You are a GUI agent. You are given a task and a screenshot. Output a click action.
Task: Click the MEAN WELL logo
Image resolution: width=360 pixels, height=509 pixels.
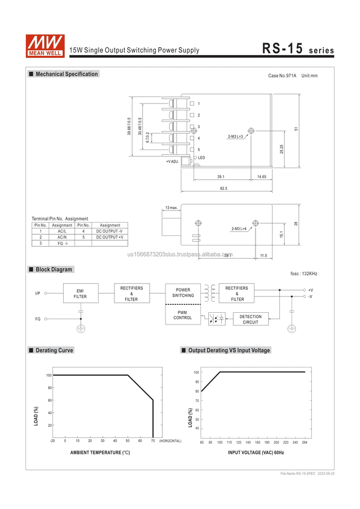45,45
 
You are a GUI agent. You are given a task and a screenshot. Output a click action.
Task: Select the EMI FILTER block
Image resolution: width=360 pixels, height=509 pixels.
80,293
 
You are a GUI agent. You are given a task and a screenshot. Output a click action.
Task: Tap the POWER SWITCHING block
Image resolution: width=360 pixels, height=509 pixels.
183,293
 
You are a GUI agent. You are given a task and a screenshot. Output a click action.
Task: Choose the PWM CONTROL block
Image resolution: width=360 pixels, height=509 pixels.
183,315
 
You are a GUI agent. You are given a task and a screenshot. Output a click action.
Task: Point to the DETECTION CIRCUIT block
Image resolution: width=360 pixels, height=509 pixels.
250,319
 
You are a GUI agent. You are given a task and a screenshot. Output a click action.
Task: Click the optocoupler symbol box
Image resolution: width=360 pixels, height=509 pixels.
217,319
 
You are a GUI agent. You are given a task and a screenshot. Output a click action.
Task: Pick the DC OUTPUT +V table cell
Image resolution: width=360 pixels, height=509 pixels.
110,237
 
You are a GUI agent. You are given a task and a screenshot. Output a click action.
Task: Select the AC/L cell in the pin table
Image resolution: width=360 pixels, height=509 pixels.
62,231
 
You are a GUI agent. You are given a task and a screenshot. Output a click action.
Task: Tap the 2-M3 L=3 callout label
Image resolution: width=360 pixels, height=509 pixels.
235,136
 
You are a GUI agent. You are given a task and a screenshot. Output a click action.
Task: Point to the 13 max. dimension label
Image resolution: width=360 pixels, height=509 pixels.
171,207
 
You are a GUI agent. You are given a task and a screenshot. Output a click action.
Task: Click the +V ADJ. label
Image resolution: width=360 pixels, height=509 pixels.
172,161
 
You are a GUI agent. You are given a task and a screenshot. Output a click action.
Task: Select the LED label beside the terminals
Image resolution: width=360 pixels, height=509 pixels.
201,157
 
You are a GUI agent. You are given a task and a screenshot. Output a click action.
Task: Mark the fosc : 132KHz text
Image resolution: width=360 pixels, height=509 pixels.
304,274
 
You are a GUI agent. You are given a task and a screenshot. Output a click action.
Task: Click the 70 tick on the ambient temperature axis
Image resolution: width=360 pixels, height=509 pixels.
153,441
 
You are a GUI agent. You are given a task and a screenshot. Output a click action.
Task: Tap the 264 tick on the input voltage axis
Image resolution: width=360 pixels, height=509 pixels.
305,442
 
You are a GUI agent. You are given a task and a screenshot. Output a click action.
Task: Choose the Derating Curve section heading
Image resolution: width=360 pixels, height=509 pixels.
54,350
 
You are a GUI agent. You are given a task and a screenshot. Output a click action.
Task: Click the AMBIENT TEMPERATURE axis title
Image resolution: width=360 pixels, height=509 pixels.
100,452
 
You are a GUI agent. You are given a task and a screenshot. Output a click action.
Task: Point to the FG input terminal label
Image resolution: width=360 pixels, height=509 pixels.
38,319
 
